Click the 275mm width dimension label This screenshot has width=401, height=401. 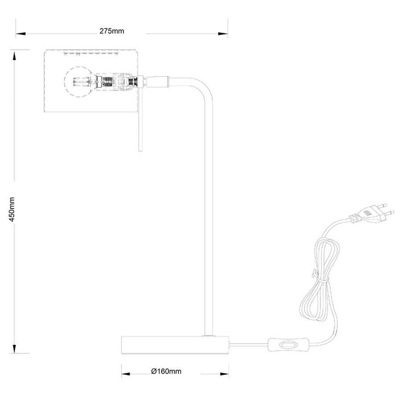pyautogui.click(x=112, y=31)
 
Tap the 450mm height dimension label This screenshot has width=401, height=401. pyautogui.click(x=12, y=209)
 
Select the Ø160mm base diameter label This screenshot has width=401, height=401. pyautogui.click(x=166, y=371)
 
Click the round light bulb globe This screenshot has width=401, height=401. pyautogui.click(x=77, y=82)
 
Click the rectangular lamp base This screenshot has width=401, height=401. pyautogui.click(x=175, y=345)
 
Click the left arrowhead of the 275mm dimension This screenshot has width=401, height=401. pyautogui.click(x=20, y=33)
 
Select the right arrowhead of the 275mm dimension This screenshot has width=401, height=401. pyautogui.click(x=223, y=33)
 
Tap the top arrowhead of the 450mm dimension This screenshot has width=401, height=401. pyautogui.click(x=14, y=56)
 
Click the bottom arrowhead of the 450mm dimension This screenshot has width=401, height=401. pyautogui.click(x=14, y=348)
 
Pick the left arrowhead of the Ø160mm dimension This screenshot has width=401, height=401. pyautogui.click(x=126, y=374)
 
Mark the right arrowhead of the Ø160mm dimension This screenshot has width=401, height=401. pyautogui.click(x=224, y=374)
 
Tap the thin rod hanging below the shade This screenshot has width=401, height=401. pyautogui.click(x=140, y=119)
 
